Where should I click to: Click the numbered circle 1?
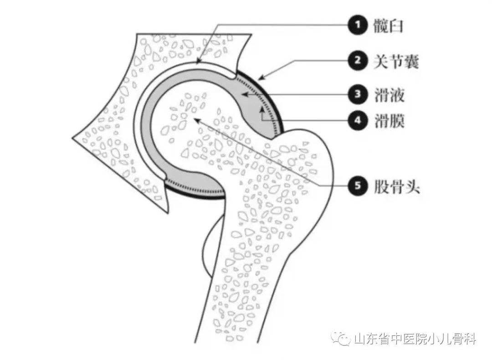[x=358, y=26]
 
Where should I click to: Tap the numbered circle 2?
[x=358, y=61]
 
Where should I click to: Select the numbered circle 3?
[x=358, y=95]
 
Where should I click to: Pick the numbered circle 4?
[x=358, y=120]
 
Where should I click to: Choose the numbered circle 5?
[x=358, y=186]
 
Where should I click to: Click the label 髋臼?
[x=388, y=26]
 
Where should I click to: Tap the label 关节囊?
[x=395, y=61]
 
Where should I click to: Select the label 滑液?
[x=388, y=95]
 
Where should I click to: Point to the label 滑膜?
[x=388, y=120]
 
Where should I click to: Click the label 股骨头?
[x=395, y=186]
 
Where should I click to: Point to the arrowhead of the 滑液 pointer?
[x=242, y=95]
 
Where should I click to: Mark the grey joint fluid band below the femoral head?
[x=196, y=180]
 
